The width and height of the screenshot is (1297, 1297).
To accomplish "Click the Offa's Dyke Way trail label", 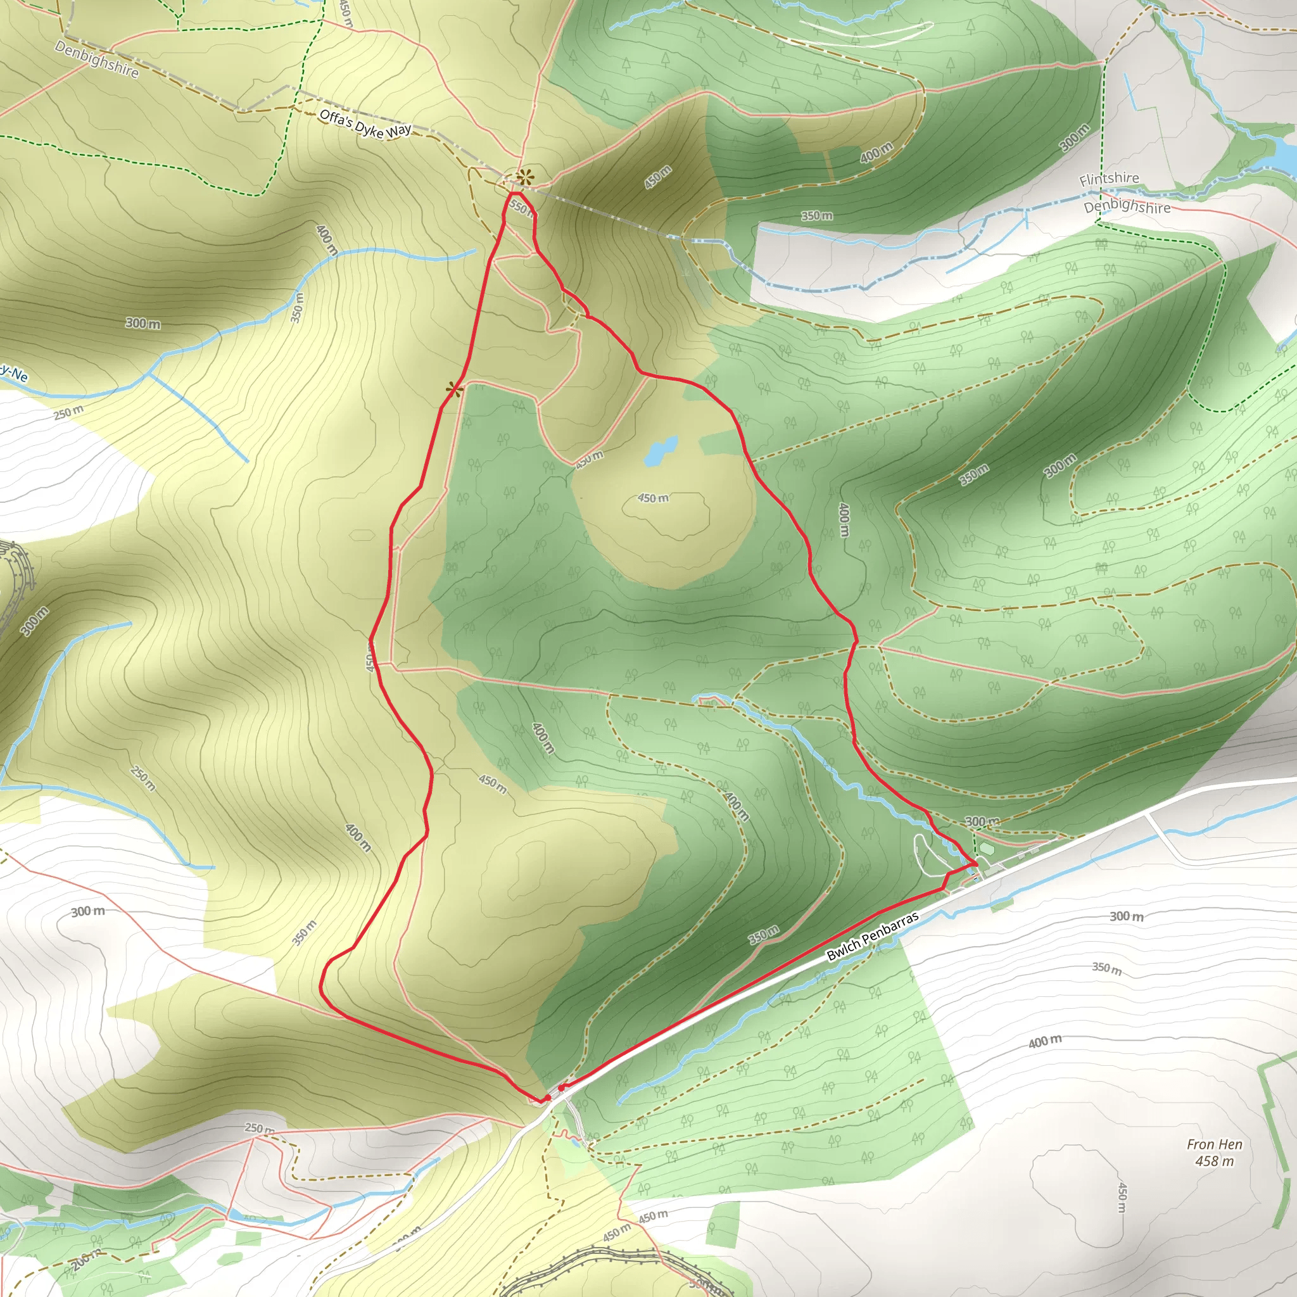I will [x=365, y=124].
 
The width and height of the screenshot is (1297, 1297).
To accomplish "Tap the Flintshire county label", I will [x=1109, y=179].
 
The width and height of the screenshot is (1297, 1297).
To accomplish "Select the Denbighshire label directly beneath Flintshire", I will [x=1127, y=206].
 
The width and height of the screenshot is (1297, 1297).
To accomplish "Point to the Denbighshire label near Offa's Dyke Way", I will [x=97, y=59].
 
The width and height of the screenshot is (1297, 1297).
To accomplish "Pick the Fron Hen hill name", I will [x=1215, y=1144].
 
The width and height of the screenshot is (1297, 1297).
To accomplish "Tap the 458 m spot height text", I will [x=1215, y=1161].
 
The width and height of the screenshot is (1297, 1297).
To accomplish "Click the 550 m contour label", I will [x=521, y=208].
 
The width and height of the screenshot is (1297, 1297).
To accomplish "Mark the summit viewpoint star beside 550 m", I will [x=524, y=177].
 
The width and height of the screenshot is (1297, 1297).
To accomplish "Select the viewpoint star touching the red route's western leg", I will [x=455, y=389].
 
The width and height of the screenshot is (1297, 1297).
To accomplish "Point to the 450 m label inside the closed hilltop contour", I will [x=653, y=498].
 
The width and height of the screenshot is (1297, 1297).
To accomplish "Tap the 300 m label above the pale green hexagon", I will [x=982, y=821].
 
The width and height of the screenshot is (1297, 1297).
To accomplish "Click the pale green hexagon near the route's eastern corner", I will [x=985, y=848].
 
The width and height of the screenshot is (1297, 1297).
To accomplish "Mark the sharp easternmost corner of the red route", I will [x=975, y=865].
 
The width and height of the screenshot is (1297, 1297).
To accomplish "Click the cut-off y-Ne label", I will [x=13, y=373].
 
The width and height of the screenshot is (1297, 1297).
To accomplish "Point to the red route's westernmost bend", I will [x=322, y=986].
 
